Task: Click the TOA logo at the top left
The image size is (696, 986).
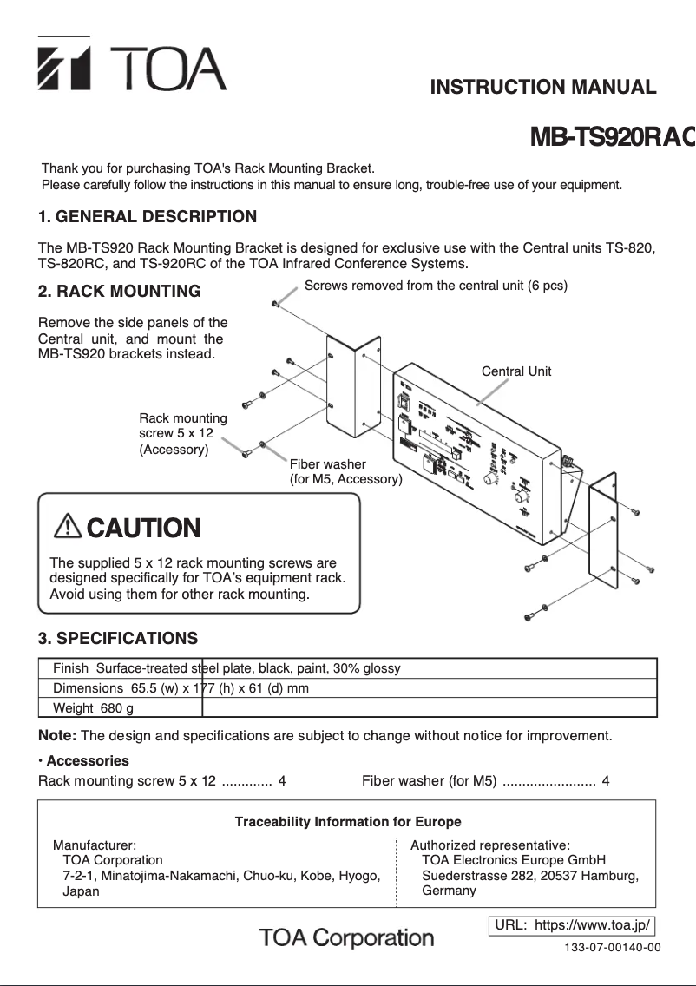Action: (x=131, y=67)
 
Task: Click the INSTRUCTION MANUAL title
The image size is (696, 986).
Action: (x=543, y=87)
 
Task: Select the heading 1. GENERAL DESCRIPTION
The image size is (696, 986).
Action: (x=148, y=216)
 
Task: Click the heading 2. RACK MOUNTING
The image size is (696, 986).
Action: (x=119, y=291)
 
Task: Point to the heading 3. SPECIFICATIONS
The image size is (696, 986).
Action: (x=118, y=639)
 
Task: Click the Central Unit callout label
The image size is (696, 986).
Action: (x=516, y=371)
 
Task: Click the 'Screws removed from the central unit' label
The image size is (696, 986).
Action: (x=436, y=286)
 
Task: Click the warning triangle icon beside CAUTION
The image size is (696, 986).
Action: (x=67, y=526)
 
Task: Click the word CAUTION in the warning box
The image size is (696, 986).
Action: (x=143, y=528)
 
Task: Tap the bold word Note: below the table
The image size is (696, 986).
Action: (x=57, y=736)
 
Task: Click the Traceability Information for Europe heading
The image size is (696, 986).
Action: (x=348, y=822)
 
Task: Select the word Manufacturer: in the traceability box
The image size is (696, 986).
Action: (x=95, y=845)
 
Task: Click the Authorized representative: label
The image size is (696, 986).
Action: (x=489, y=845)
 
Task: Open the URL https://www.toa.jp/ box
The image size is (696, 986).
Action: (x=572, y=925)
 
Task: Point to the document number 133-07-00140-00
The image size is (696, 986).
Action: (x=613, y=947)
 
